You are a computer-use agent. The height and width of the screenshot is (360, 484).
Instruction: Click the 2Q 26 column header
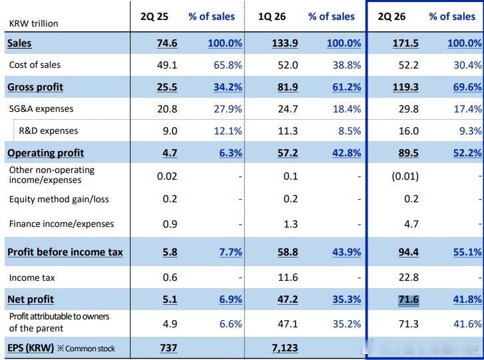[391, 17]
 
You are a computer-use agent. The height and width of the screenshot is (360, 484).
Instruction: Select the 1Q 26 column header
[272, 17]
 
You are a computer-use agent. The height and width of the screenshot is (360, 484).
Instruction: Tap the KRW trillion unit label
[34, 23]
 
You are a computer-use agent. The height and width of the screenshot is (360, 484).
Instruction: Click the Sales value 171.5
[405, 43]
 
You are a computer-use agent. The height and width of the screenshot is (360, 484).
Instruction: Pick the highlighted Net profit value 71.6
[408, 299]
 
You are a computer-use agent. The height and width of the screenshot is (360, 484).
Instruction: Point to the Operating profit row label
[46, 153]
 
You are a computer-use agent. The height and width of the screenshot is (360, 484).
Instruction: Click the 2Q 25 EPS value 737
[168, 348]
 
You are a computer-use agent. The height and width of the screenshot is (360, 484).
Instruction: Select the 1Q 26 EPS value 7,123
[284, 348]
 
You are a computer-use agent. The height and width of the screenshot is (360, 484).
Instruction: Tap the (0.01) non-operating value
[405, 176]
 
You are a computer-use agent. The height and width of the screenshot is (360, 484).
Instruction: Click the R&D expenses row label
[49, 131]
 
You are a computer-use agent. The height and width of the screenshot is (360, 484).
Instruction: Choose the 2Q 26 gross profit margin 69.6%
[467, 87]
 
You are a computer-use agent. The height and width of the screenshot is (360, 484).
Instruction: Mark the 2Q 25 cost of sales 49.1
[167, 65]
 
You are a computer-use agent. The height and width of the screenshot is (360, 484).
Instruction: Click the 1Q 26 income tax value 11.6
[288, 277]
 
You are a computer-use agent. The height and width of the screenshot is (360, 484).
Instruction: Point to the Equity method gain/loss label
[59, 199]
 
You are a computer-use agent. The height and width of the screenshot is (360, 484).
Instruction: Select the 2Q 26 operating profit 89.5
[408, 153]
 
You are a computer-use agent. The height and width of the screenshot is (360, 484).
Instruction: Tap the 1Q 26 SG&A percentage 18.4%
[347, 109]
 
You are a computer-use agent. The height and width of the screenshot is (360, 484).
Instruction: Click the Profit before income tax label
[65, 252]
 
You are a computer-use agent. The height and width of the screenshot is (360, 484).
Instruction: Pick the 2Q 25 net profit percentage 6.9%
[230, 299]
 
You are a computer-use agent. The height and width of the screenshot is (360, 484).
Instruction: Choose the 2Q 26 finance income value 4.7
[411, 224]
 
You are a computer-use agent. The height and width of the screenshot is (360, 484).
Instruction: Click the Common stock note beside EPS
[86, 349]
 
